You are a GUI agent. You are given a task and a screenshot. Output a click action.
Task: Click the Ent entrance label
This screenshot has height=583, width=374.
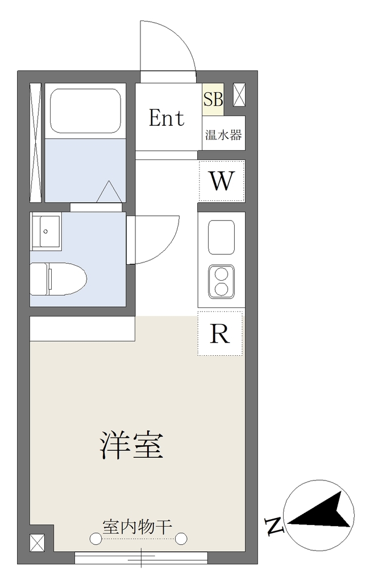167,118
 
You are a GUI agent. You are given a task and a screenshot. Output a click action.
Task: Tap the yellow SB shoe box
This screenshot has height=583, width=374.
213,99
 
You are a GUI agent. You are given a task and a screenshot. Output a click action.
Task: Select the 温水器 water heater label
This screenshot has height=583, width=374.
223,134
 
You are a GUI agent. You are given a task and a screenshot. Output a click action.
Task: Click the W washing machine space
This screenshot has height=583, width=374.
222,181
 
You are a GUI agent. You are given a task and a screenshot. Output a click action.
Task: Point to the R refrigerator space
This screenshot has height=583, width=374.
220,334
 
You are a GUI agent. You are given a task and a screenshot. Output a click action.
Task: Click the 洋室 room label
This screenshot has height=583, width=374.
132,445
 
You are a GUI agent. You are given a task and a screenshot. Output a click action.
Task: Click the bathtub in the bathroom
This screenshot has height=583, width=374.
85,110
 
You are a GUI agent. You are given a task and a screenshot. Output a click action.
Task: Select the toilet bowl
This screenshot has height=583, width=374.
58,278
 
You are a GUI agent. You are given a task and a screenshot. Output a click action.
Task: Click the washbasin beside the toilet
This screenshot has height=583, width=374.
45,231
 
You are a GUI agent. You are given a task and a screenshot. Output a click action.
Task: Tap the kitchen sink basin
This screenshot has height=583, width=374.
222,237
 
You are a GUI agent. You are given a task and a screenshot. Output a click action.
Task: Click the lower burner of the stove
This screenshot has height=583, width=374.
222,289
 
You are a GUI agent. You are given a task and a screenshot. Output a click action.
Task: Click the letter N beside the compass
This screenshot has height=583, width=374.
273,525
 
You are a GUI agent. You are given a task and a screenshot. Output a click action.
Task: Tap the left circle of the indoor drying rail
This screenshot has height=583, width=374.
96,538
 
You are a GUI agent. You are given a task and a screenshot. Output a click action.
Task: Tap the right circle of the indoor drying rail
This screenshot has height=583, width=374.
181,538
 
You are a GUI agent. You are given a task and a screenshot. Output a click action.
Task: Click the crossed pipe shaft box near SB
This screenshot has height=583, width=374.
239,95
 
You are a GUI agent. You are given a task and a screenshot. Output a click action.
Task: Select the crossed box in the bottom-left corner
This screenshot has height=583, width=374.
37,543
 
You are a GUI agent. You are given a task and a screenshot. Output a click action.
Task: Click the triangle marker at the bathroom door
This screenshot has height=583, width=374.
109,191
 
